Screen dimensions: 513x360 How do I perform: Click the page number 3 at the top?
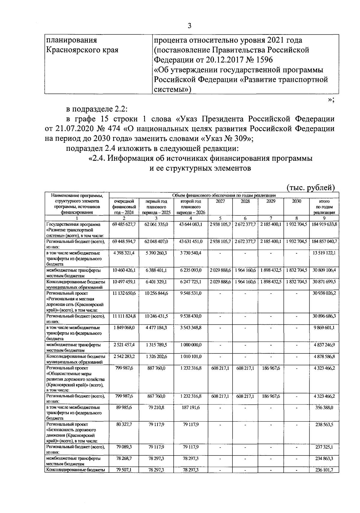[x=189, y=26]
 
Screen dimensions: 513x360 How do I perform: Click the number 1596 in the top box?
[x=262, y=60]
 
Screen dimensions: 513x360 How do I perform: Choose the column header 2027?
[x=220, y=201]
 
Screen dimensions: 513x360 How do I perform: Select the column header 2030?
[x=296, y=201]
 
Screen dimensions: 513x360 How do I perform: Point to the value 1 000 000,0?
[x=191, y=345]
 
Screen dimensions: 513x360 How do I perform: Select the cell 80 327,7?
[x=124, y=425]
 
